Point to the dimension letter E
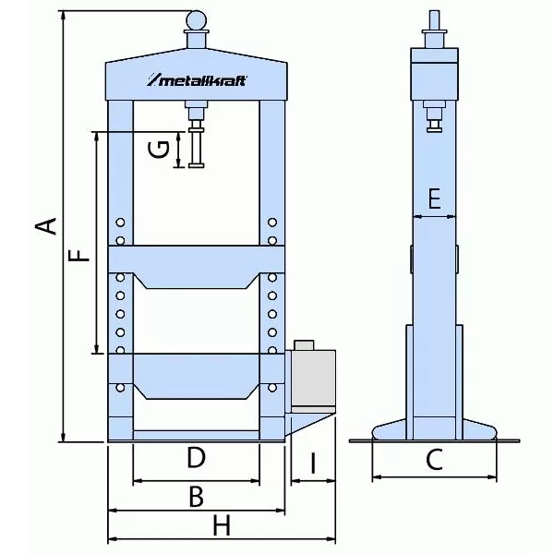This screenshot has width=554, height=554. pyautogui.click(x=435, y=198)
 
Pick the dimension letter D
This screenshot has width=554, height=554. pyautogui.click(x=195, y=458)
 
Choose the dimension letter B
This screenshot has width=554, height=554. pyautogui.click(x=195, y=496)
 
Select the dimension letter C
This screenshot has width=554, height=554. pyautogui.click(x=435, y=458)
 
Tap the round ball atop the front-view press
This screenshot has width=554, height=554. pyautogui.click(x=197, y=18)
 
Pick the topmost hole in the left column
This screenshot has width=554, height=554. pyautogui.click(x=120, y=222)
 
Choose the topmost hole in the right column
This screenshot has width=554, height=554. pyautogui.click(x=272, y=222)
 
